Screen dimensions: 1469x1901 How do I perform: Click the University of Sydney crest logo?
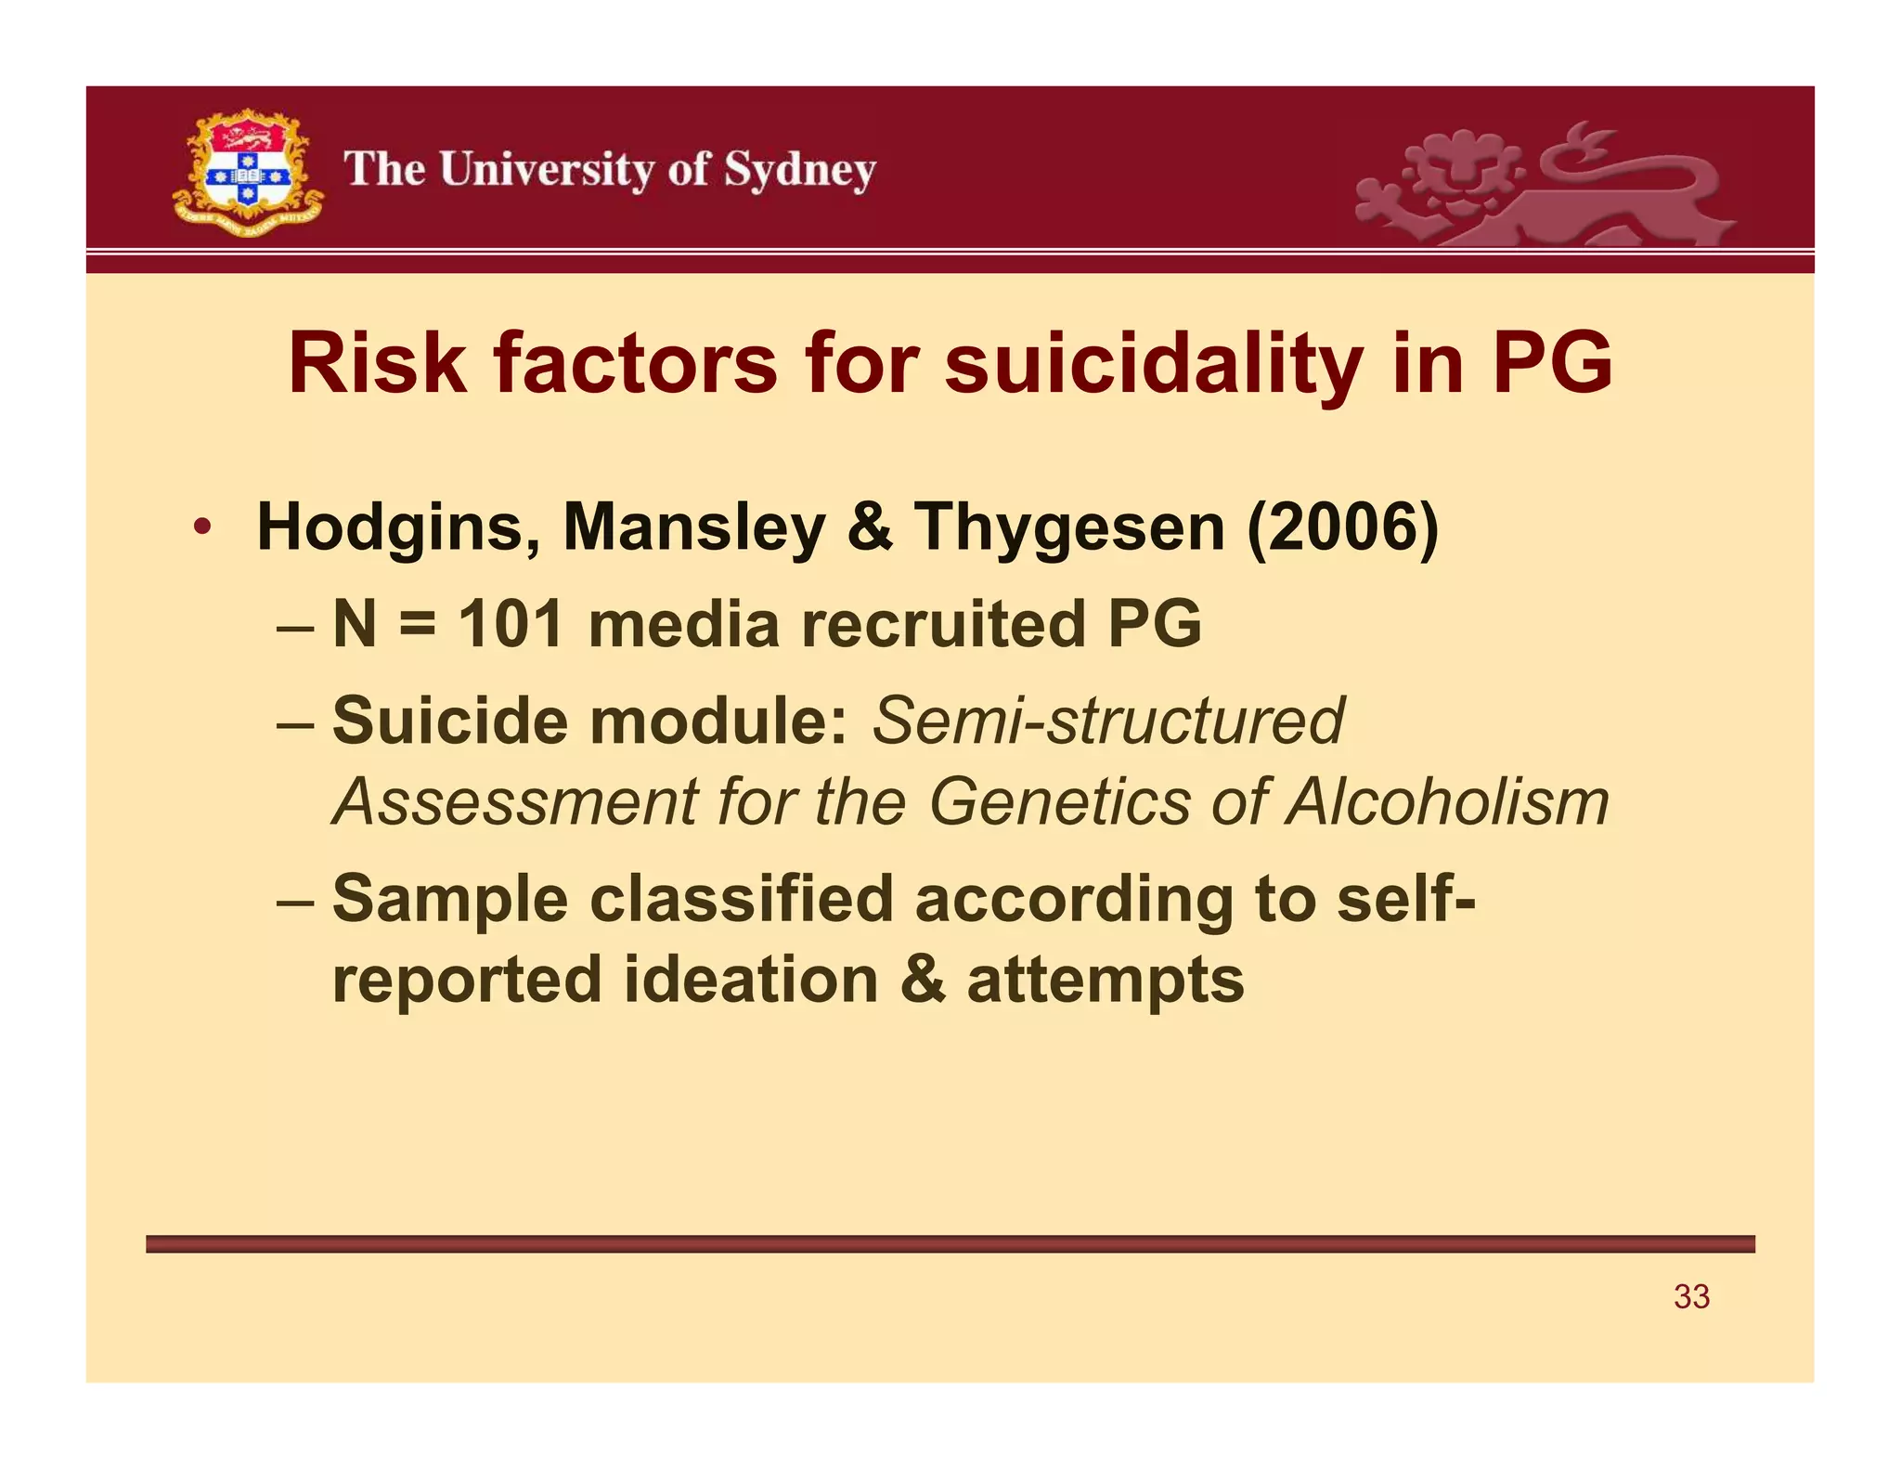pos(247,173)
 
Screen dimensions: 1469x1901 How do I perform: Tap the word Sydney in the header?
pos(799,171)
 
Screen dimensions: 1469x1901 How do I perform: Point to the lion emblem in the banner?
pos(1541,186)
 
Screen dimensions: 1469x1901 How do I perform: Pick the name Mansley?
pos(693,528)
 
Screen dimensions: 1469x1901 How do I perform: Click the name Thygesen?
pos(1069,528)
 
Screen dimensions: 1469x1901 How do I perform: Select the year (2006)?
pos(1342,528)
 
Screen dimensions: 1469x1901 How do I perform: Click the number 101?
pos(511,623)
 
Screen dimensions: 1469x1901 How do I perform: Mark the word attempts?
pos(1106,981)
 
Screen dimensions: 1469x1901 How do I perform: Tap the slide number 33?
pos(1691,1296)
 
